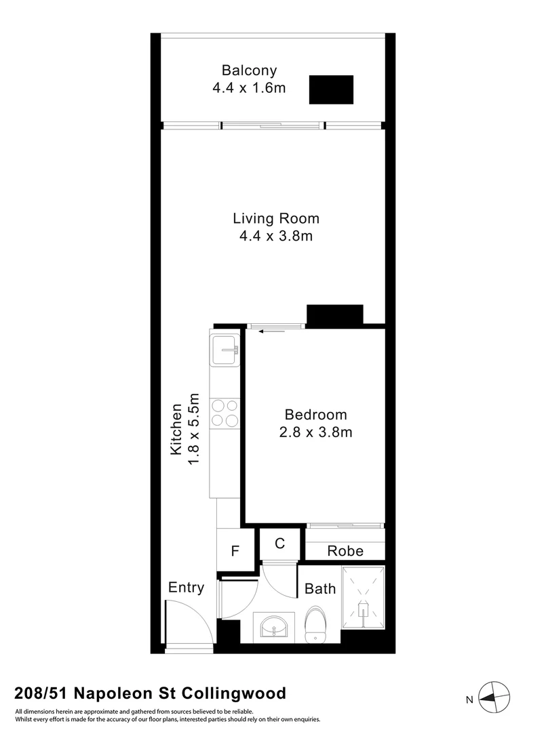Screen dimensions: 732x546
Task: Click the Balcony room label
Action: point(249,70)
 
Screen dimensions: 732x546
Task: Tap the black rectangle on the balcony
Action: point(331,89)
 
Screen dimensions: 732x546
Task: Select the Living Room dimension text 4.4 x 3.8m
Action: point(275,236)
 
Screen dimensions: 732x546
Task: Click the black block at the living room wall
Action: point(335,315)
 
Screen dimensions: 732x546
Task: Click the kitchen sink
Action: point(225,352)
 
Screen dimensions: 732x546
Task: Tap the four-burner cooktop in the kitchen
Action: point(225,412)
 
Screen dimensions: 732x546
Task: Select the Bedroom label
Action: point(315,415)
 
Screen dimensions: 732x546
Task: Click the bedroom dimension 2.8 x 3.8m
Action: point(315,432)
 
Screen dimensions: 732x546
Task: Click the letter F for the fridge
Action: point(235,551)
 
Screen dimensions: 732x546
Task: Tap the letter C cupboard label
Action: point(279,543)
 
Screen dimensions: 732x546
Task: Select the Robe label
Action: point(345,551)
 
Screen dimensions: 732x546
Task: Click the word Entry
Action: point(185,588)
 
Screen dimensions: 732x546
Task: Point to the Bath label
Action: point(319,588)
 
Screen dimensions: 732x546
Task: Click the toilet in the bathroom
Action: point(316,624)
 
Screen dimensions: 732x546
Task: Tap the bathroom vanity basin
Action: point(275,627)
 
